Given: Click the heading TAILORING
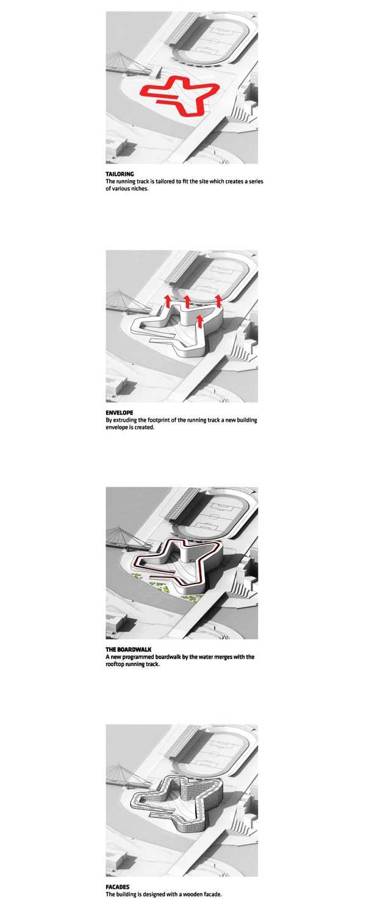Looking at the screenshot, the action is pyautogui.click(x=120, y=175).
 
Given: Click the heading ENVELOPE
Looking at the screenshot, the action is pyautogui.click(x=120, y=413).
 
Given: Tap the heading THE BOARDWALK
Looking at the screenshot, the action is pyautogui.click(x=129, y=649).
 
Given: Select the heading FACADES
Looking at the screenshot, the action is pyautogui.click(x=118, y=887).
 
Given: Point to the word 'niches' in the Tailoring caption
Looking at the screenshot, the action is pyautogui.click(x=140, y=189).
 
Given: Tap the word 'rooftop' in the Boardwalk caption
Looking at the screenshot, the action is pyautogui.click(x=115, y=664).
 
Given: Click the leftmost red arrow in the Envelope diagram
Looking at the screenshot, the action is pyautogui.click(x=167, y=302).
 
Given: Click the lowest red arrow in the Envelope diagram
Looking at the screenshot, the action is pyautogui.click(x=199, y=322).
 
